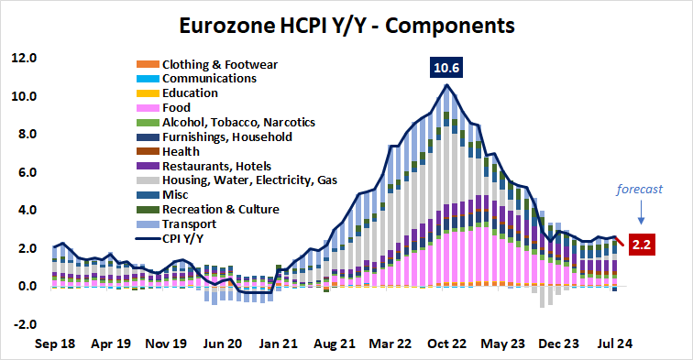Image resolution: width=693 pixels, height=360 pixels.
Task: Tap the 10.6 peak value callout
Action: tap(447, 67)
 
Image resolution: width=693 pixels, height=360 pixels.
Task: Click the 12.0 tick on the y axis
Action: tap(25, 59)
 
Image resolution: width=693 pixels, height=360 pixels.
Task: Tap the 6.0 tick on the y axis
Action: tap(25, 172)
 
